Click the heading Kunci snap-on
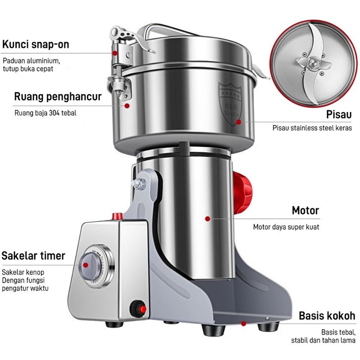pos(42,45)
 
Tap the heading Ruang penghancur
pos(58,96)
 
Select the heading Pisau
pos(339,115)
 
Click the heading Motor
pos(305,210)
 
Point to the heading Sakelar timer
pos(33,256)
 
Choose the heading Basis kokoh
pos(327,316)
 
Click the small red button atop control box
pos(118,216)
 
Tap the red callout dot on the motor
pos(208,217)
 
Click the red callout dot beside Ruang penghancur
pos(127,105)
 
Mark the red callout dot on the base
pos(243,323)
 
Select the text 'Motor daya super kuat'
pos(286,227)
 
